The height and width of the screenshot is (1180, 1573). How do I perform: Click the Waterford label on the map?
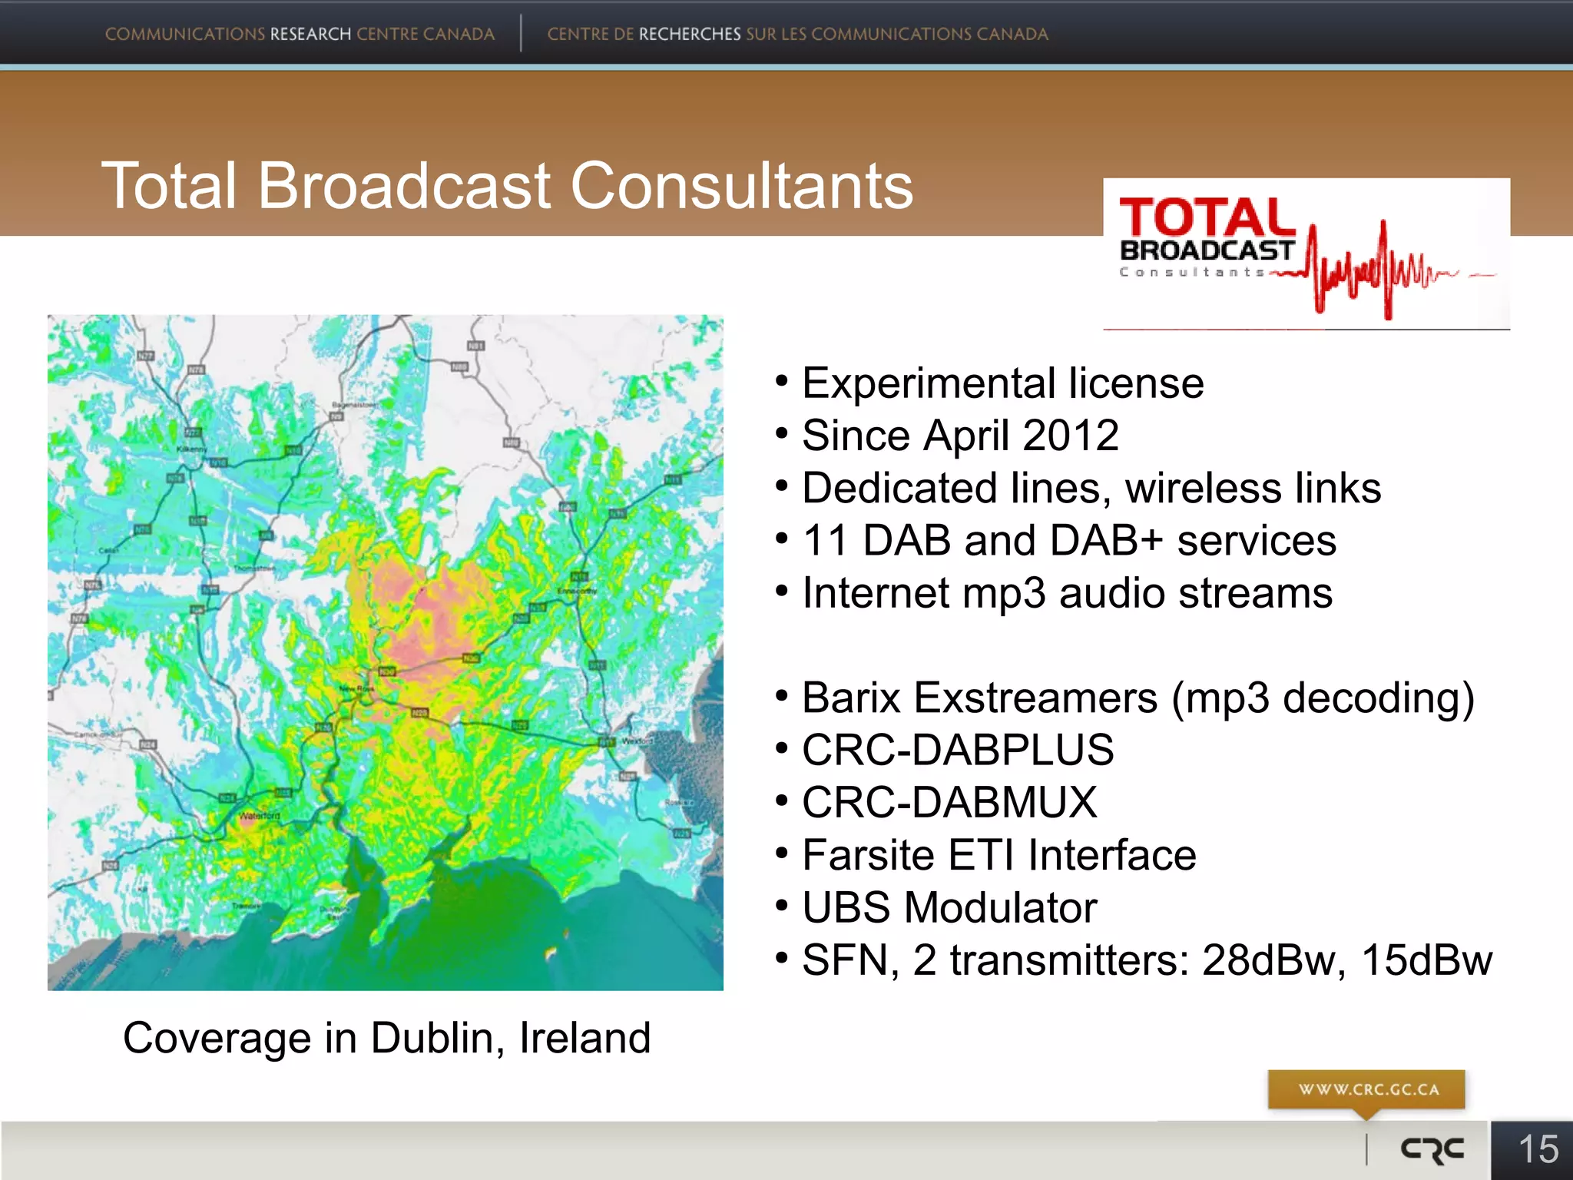(260, 816)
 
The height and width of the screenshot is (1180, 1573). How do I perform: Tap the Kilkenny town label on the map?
(191, 449)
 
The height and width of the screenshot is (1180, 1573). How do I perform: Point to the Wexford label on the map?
(636, 741)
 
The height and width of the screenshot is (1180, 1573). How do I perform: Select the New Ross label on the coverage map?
(357, 688)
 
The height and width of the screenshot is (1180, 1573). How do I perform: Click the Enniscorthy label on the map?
(576, 591)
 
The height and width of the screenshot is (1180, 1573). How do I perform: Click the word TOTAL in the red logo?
(1207, 217)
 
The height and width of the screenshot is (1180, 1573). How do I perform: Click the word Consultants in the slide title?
(741, 186)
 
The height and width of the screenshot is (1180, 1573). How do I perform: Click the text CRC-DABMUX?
(949, 803)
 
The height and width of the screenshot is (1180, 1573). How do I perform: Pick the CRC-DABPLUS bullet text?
(958, 750)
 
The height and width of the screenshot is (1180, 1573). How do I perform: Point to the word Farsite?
(868, 855)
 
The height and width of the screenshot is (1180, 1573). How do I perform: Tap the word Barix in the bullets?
(850, 698)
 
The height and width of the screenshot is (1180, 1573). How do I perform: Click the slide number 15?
(1538, 1149)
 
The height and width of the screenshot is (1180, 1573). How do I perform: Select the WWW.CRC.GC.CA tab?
(1367, 1089)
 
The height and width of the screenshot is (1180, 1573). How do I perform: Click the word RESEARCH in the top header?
(310, 35)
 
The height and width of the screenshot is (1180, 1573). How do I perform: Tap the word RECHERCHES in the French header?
(690, 35)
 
